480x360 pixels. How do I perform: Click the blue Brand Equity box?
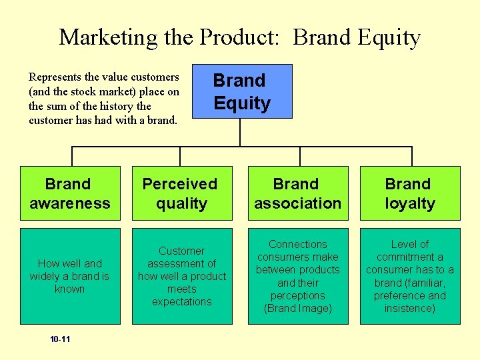241,91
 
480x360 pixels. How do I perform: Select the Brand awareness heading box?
69,193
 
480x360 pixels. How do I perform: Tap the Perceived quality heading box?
181,193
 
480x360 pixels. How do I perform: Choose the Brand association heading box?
297,193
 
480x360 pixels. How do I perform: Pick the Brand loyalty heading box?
409,193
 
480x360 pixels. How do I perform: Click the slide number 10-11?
60,339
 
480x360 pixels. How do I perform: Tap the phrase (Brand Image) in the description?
298,308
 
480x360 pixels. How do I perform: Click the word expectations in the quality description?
181,301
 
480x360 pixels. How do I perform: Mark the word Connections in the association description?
297,245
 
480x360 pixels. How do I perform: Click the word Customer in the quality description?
181,251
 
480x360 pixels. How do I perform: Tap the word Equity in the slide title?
389,37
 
